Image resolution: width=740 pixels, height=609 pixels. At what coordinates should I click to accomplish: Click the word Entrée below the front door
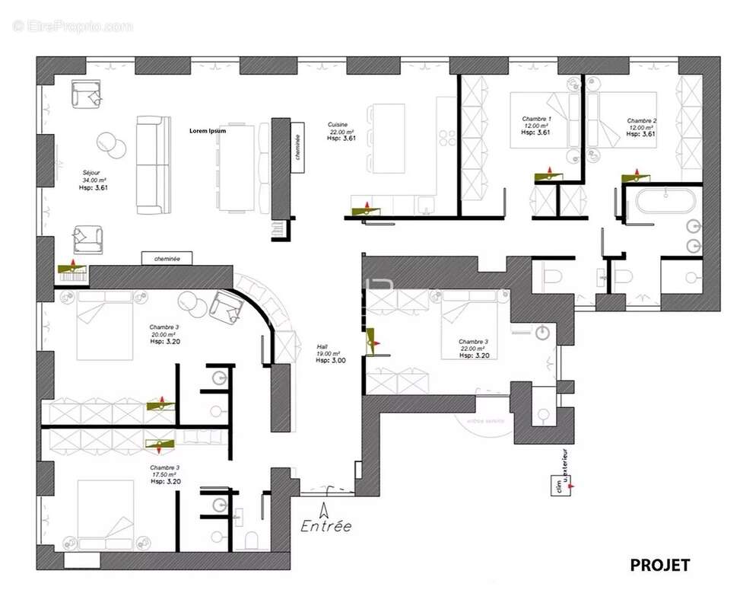coord(326,525)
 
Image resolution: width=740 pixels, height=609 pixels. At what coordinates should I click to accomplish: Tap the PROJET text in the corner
coord(659,565)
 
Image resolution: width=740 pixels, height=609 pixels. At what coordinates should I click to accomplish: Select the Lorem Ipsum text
coord(208,131)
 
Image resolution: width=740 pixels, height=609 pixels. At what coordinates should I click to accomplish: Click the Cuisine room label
coord(338,124)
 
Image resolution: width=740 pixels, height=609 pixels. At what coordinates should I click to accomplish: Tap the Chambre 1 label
coord(536,120)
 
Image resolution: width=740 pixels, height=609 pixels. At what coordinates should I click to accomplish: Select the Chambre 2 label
coord(641,120)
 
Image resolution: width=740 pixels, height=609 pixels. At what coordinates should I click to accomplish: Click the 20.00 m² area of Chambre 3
coord(164,333)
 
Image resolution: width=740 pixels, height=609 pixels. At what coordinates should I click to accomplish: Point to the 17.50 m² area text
coord(164,474)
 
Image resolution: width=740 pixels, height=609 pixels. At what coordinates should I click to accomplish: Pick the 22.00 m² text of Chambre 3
coord(473,349)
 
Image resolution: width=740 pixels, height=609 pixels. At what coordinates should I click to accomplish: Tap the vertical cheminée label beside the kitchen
coord(297,145)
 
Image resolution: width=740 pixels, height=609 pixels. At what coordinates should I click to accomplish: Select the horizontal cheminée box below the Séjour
coord(167,259)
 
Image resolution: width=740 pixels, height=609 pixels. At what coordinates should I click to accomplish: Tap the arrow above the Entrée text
coord(326,509)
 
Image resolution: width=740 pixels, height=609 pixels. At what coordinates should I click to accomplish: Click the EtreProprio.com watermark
coord(72,26)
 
